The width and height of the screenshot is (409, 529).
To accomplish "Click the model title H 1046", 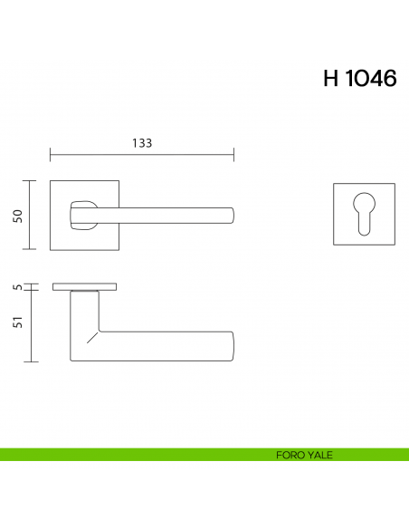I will (x=359, y=79).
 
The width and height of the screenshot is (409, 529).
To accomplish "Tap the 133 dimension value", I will (x=141, y=143).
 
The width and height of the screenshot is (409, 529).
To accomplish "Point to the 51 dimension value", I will (x=17, y=325).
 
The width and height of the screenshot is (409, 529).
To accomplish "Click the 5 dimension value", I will (x=17, y=287).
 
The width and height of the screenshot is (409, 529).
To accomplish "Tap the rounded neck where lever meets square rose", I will (x=81, y=213).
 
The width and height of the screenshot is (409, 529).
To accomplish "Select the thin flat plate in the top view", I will (x=84, y=287).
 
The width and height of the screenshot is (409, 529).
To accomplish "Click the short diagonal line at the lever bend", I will (x=91, y=338).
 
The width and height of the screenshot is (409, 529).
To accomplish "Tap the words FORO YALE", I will (x=304, y=455).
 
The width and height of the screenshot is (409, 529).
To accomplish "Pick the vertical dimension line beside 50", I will (x=33, y=215).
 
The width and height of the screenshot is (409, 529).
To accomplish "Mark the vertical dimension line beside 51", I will (x=33, y=325).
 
